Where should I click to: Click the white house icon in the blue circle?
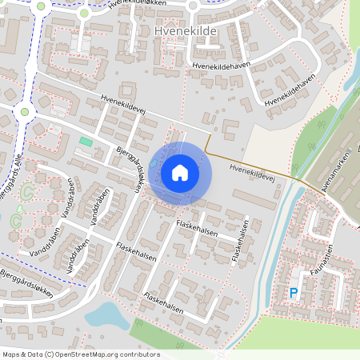pos(180,172)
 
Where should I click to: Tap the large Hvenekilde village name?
pos(184,30)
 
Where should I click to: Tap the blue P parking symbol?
pos(293,294)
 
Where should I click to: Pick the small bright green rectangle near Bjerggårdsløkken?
pos(86,142)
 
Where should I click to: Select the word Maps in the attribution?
pos(11,354)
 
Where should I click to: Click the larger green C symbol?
pos(26,193)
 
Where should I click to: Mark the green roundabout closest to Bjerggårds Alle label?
pos(25,111)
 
